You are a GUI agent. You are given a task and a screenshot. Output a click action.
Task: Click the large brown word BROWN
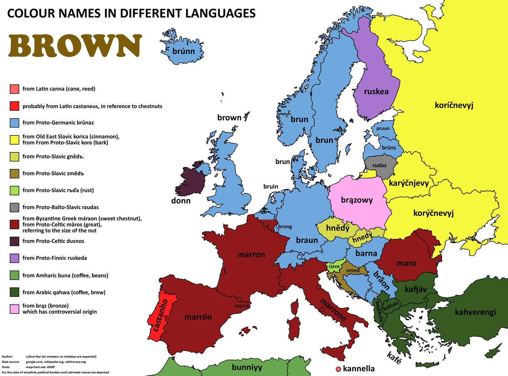[75, 46]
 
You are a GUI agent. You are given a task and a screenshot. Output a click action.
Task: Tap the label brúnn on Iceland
[184, 51]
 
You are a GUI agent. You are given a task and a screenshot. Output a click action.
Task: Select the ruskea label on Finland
[376, 91]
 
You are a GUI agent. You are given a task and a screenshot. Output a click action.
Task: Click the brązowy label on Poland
[357, 200]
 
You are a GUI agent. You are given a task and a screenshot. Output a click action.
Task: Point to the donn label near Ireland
[181, 201]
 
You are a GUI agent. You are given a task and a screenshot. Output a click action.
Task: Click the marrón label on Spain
[198, 317]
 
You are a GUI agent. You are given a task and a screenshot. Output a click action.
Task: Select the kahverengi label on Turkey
[475, 312]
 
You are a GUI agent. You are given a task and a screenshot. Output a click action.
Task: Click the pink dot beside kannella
[338, 369]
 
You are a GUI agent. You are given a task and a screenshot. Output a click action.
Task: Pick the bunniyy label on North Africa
[247, 367]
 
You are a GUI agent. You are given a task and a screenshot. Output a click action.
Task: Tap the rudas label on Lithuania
[379, 165]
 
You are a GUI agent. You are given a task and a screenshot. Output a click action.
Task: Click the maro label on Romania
[406, 263]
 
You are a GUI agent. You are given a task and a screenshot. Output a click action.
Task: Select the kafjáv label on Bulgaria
[416, 289]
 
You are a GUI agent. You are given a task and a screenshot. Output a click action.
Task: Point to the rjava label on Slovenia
[334, 266]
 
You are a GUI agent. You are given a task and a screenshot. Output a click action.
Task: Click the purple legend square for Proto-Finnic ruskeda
[15, 258]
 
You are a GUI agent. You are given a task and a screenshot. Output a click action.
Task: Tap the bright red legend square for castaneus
[15, 106]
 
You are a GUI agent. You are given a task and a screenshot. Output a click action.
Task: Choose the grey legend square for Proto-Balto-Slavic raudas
[15, 207]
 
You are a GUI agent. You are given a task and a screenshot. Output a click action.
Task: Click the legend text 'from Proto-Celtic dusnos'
[53, 241]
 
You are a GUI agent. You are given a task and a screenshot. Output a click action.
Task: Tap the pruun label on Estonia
[383, 128]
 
